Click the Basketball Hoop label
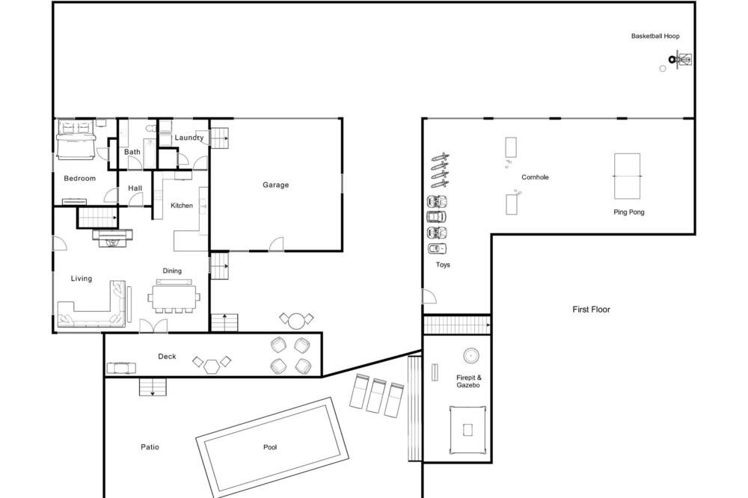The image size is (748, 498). [x=655, y=36]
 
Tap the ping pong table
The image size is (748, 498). [x=627, y=176]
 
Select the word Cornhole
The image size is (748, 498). [x=535, y=177]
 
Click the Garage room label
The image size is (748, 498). [x=276, y=185]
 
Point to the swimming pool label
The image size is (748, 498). [x=270, y=447]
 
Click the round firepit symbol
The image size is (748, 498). [x=471, y=355]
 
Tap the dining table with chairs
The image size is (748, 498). [x=174, y=299]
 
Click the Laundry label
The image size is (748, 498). [x=189, y=138]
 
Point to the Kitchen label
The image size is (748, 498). [x=182, y=206]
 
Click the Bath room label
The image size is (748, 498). [x=132, y=153]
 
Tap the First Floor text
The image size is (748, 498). [x=591, y=310]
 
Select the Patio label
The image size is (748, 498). [x=150, y=447]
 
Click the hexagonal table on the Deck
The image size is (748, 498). [x=212, y=366]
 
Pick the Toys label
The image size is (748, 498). [x=443, y=265]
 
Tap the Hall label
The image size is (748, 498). [x=135, y=188]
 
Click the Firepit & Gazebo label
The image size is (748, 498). [x=468, y=381]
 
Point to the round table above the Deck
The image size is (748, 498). [x=296, y=321]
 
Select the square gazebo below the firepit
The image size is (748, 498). [x=468, y=430]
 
